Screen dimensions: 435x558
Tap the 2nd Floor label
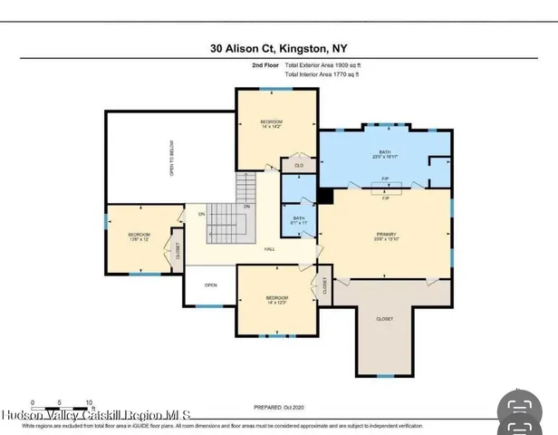point(265,66)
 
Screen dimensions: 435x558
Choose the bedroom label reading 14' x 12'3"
point(276,301)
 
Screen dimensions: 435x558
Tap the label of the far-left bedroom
point(139,238)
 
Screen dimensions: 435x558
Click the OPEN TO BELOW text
point(172,157)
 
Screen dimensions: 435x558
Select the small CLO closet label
point(298,166)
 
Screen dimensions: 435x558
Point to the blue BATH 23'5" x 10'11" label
point(384,155)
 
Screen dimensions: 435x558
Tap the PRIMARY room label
point(386,237)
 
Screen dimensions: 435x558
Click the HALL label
point(270,249)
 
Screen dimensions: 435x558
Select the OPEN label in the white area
point(210,285)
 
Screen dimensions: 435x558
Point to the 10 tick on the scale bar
point(90,401)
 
